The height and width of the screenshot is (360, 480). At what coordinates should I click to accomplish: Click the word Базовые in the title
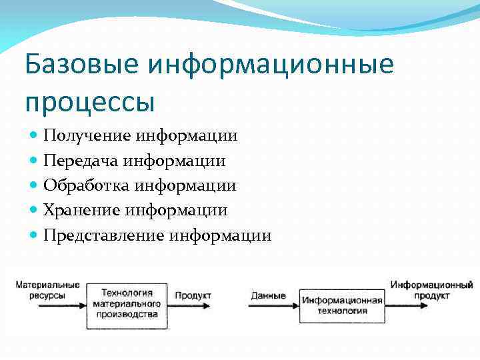point(80,65)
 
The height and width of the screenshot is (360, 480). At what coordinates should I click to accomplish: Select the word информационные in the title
point(271,65)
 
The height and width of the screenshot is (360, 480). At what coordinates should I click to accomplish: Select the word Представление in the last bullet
point(104,235)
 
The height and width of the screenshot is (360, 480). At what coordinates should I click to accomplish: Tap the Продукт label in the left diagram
point(193,295)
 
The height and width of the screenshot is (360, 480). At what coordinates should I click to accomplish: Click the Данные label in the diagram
point(268,295)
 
